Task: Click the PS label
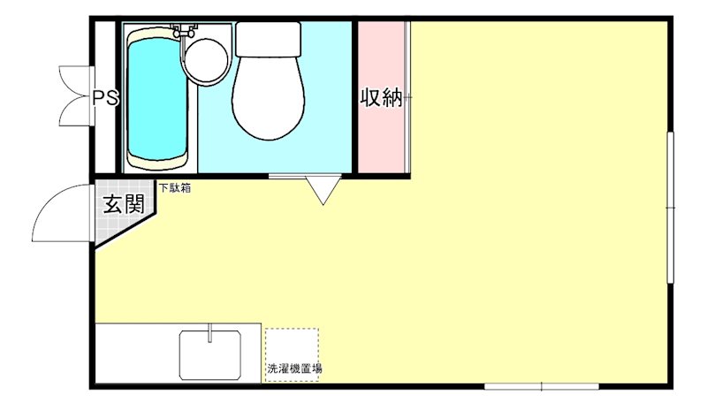point(106,96)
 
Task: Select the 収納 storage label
point(381,98)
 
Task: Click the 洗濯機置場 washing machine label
point(293,368)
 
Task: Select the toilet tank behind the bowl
point(269,38)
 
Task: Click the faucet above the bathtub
point(185,31)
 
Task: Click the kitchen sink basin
point(211,355)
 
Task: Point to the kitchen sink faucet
point(210,331)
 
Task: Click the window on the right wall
point(671,208)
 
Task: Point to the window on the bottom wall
point(541,386)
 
